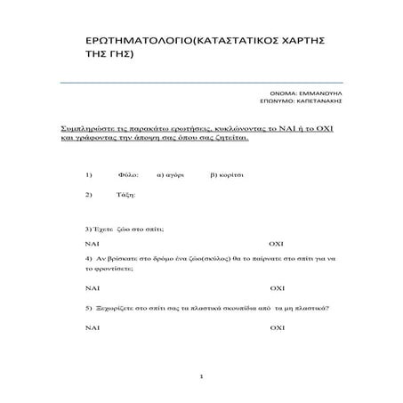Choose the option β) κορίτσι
227,175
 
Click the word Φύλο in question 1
126,175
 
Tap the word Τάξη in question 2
125,195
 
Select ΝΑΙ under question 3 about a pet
92,242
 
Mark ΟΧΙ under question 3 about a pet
276,242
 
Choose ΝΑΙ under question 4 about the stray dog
92,288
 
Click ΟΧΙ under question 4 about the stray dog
276,288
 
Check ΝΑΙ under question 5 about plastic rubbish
92,328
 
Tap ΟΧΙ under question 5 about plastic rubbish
276,328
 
